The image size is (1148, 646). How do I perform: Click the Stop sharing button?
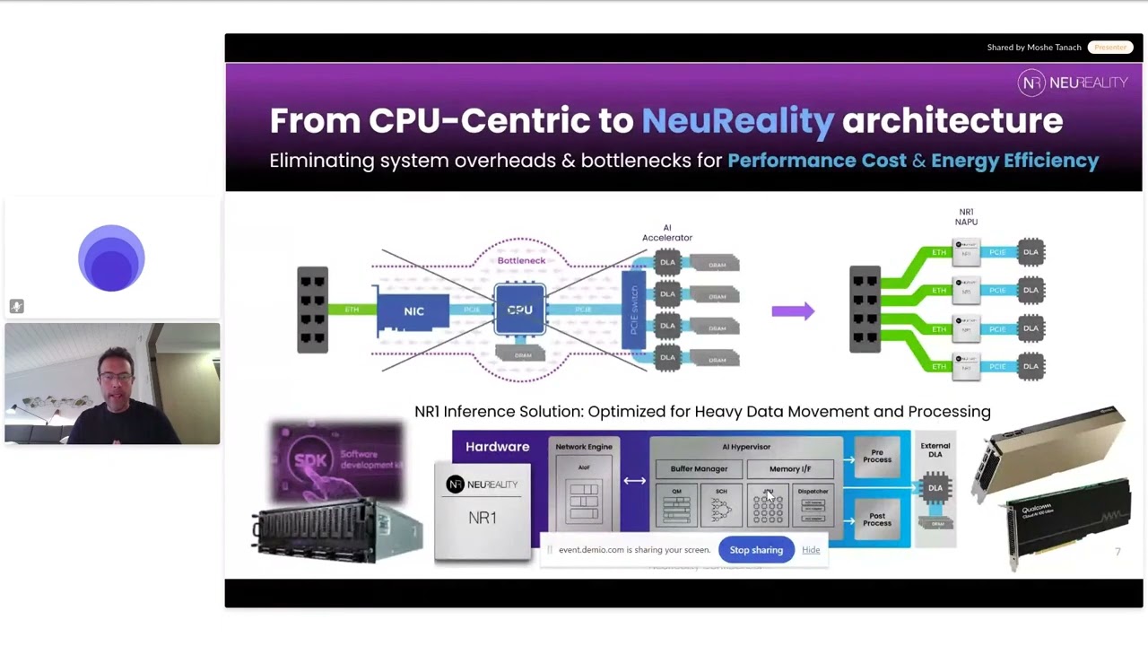[x=756, y=550]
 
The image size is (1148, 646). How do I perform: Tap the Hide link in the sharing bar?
[x=811, y=550]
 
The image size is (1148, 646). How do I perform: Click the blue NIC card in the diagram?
[x=413, y=311]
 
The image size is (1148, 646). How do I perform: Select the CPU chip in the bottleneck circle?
[x=520, y=310]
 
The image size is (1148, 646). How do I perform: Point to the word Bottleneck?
[x=521, y=261]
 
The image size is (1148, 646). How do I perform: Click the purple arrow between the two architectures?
[x=793, y=311]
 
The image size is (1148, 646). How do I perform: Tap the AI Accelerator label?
[x=667, y=232]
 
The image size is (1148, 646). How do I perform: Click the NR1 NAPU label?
[x=966, y=217]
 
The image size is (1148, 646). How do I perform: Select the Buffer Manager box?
[x=699, y=468]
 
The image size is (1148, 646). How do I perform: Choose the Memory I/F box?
[x=789, y=468]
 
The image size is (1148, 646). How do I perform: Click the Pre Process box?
[x=877, y=457]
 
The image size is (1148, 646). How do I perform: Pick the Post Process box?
[x=877, y=519]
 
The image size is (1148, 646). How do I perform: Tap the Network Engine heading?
[x=584, y=447]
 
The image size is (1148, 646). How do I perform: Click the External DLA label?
[x=935, y=450]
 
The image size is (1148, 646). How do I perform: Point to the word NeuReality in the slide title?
[x=737, y=121]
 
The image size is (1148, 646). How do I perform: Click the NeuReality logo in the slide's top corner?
[x=1073, y=83]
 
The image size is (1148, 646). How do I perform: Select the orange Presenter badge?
[x=1110, y=48]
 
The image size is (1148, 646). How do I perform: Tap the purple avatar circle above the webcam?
[x=111, y=258]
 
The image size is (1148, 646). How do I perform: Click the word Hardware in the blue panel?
[x=497, y=447]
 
